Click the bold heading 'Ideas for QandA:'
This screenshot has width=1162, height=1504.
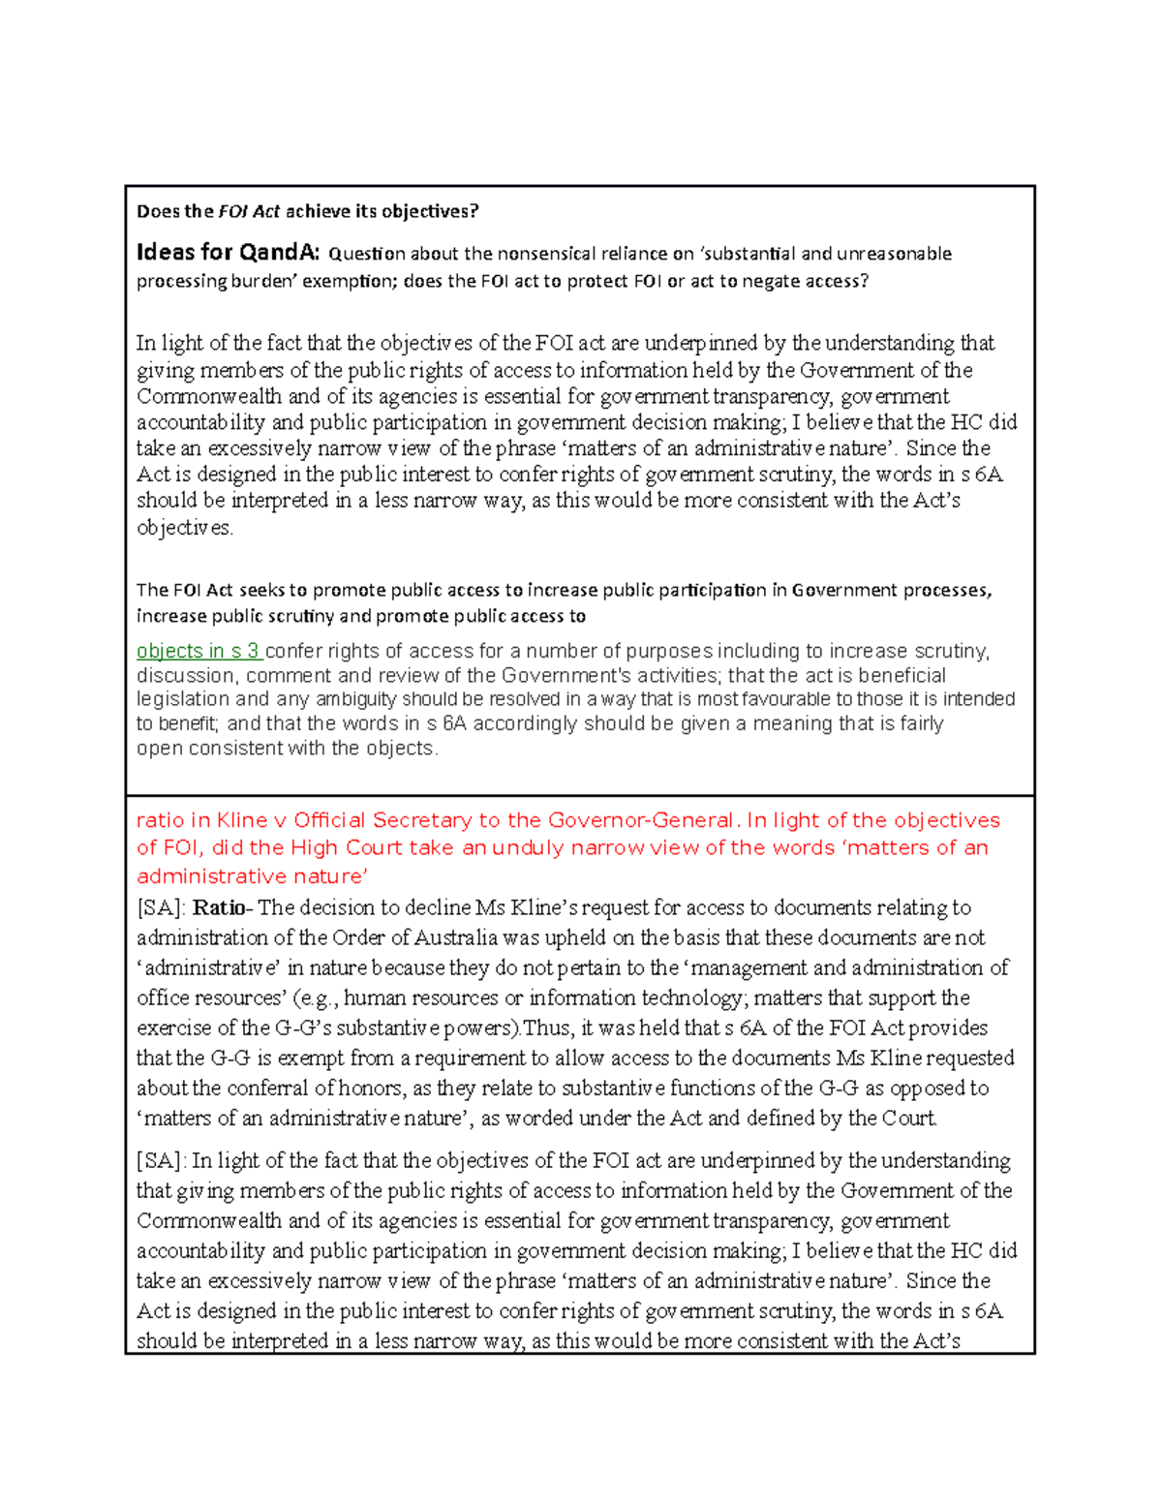tap(228, 253)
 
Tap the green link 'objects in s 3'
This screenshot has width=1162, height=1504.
tap(198, 651)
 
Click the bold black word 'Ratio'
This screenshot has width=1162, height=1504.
tap(219, 907)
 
